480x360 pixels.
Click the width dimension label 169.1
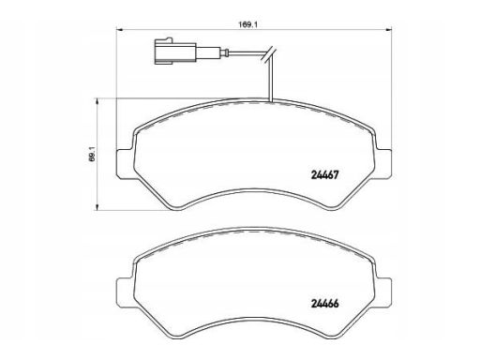click(247, 24)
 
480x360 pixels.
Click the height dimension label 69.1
click(92, 155)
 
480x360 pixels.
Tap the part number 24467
click(325, 175)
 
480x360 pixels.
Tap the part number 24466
click(325, 304)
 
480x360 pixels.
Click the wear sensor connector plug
click(175, 52)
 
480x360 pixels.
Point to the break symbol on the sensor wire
click(268, 55)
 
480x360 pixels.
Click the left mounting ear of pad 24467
click(126, 164)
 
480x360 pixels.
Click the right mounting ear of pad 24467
click(382, 164)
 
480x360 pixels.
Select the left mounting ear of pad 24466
click(126, 292)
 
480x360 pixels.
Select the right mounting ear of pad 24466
click(382, 292)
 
